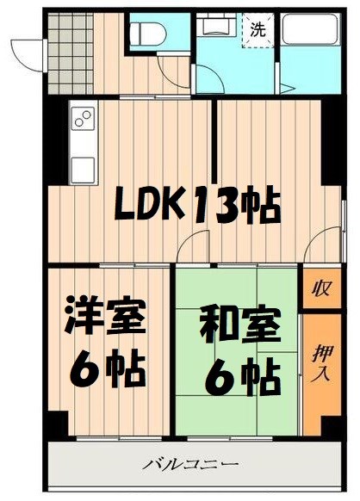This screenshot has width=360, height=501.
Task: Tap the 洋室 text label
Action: (104, 319)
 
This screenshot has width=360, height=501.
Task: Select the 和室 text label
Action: (239, 327)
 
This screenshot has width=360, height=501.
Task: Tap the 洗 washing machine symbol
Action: (258, 28)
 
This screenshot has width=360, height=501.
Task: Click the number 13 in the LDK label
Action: (215, 207)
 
